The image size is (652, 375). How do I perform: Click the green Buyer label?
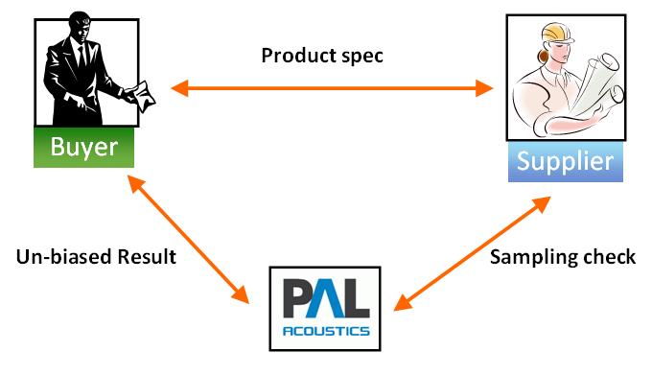pos(84,148)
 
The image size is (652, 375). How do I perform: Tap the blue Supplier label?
pos(565,160)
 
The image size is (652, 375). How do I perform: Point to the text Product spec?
pos(322,56)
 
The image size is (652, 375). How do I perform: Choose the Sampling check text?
pos(563,258)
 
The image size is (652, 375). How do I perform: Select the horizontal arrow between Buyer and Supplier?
pos(332,90)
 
